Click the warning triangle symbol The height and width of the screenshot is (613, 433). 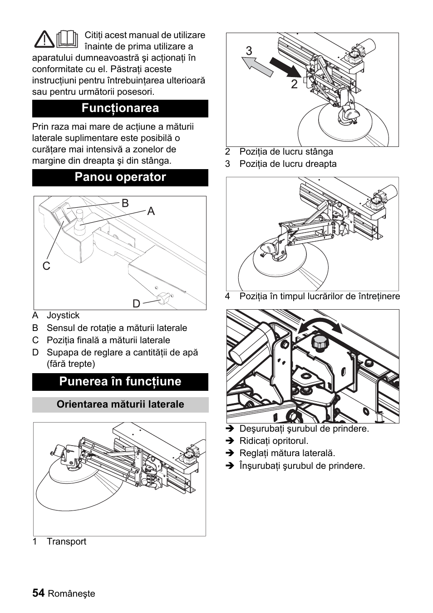[44, 39]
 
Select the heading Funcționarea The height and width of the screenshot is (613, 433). [120, 108]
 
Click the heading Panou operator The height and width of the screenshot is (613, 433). [120, 177]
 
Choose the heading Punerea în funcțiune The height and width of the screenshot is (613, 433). [120, 382]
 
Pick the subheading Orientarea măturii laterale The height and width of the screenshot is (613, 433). [120, 404]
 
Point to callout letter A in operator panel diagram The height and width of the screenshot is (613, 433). [151, 211]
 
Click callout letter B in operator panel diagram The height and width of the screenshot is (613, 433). [125, 203]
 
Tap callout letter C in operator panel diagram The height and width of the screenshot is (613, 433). [46, 266]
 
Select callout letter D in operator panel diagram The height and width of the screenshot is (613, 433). [136, 303]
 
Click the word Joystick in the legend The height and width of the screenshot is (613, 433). [63, 316]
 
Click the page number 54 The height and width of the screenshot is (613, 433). [39, 593]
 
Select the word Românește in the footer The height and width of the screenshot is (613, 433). [72, 594]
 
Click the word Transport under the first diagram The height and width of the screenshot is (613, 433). [66, 542]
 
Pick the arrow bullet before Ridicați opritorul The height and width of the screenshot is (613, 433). [230, 441]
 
